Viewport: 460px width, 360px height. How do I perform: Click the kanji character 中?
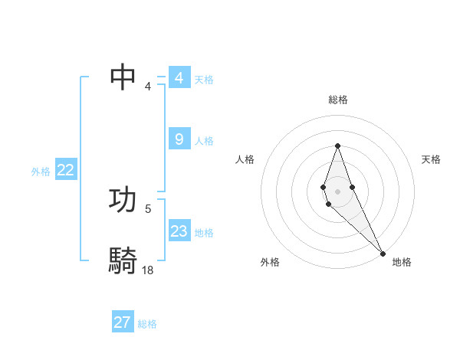[x=123, y=77]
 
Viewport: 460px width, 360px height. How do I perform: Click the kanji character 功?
[x=123, y=199]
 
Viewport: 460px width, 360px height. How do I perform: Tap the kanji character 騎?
[x=123, y=260]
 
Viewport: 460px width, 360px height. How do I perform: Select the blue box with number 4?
[x=179, y=78]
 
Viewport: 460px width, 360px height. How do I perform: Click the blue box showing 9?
[x=179, y=139]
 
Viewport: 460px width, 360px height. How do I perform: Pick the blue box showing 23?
[x=179, y=231]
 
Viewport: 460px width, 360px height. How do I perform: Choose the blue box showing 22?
[x=66, y=170]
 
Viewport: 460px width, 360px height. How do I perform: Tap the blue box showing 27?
[x=123, y=322]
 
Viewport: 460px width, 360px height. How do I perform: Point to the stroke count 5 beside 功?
[x=148, y=208]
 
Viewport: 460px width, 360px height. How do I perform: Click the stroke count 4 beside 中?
[x=148, y=85]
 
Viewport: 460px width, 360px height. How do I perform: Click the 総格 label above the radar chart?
[x=338, y=100]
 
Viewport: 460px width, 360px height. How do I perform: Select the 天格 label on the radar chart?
[x=431, y=159]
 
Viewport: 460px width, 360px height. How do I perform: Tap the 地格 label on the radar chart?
[x=402, y=262]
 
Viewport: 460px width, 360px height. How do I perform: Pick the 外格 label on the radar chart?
[x=270, y=262]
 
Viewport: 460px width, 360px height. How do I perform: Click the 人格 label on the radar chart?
[x=245, y=159]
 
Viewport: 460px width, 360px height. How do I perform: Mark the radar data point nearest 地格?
[x=383, y=253]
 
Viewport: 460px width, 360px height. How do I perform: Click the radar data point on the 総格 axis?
[x=337, y=146]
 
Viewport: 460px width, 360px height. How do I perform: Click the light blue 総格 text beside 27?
[x=147, y=324]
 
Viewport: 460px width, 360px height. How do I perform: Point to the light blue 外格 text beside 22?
[x=41, y=172]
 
